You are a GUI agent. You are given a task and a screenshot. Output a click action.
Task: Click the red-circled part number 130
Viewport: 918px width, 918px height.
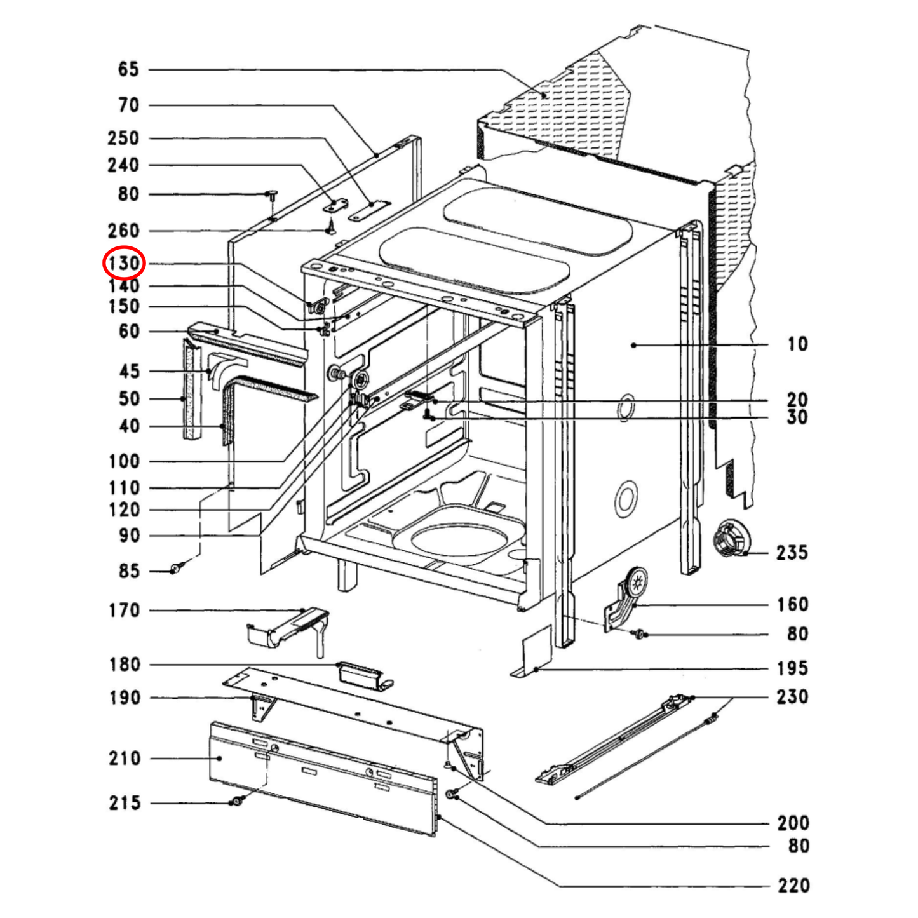point(125,263)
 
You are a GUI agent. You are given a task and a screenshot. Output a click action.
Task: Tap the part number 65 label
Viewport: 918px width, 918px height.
point(128,69)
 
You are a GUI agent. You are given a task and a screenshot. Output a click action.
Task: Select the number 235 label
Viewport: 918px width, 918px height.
point(792,553)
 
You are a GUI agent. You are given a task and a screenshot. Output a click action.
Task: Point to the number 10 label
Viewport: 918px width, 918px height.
point(797,344)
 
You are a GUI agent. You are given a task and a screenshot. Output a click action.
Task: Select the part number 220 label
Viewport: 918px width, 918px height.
point(793,885)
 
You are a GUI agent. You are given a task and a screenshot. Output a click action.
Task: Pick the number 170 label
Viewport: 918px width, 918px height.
point(124,611)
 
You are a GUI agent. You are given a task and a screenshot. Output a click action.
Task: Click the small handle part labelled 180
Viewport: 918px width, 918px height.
point(363,674)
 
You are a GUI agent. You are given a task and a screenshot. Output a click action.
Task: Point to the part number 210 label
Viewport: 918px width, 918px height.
point(124,758)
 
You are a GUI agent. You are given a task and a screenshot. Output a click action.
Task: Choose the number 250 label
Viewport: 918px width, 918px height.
point(123,138)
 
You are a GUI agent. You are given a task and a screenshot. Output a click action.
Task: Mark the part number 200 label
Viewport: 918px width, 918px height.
point(793,823)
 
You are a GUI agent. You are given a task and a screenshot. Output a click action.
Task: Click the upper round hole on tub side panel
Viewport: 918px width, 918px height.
point(625,407)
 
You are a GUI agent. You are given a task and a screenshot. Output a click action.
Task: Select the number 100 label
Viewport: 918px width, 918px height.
point(124,461)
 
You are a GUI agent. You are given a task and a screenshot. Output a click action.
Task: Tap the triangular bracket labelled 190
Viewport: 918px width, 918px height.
point(262,706)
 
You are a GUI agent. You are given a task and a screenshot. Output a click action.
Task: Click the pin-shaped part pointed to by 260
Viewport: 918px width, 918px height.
point(330,226)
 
